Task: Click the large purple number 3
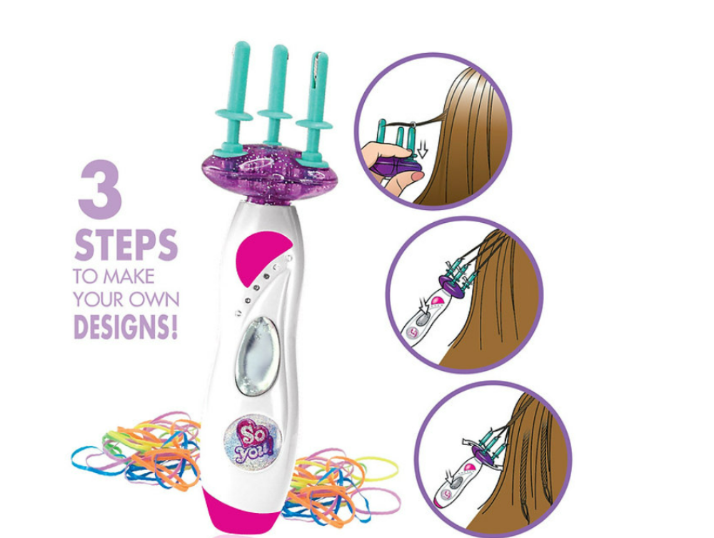click(x=101, y=189)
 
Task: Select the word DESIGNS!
click(x=126, y=327)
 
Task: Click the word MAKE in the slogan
click(x=129, y=277)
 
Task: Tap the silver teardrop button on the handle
click(x=257, y=355)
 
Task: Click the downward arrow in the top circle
click(x=422, y=148)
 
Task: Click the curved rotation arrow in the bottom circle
click(x=470, y=443)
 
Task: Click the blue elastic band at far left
click(x=91, y=459)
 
